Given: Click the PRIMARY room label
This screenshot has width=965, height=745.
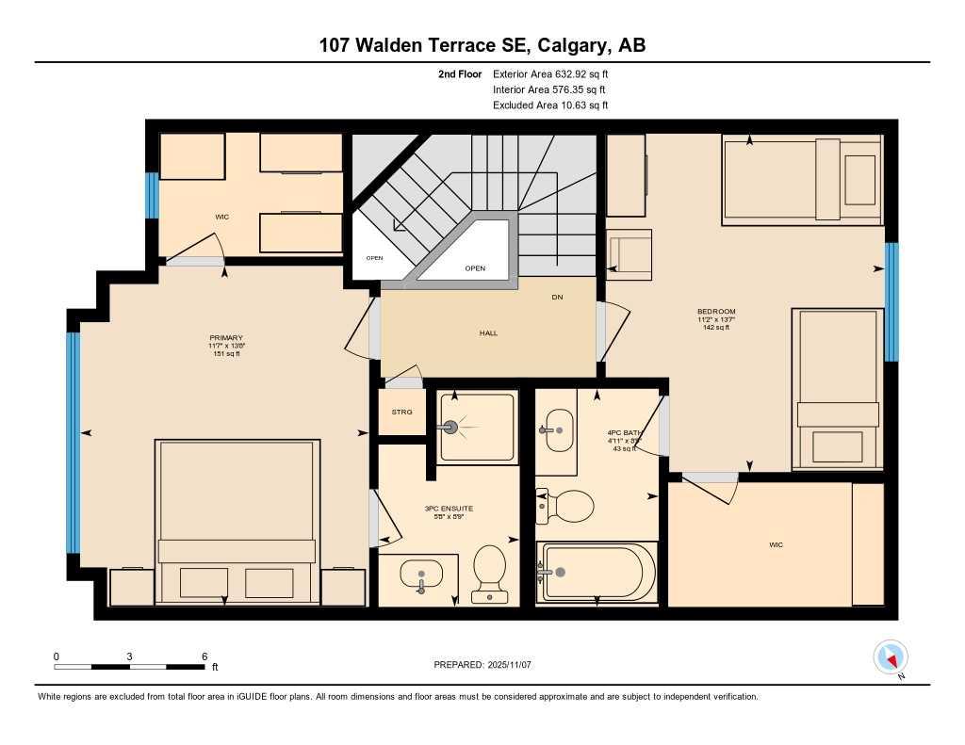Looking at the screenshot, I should point(226,338).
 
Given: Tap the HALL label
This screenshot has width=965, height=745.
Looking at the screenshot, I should point(487,333).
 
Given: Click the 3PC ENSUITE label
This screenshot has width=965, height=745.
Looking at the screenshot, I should point(448,510).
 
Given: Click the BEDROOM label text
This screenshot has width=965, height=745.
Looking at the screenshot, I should point(716,312).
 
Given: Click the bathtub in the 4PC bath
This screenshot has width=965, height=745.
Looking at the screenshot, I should point(596,572).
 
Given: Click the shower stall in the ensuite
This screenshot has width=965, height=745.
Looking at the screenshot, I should point(477,427).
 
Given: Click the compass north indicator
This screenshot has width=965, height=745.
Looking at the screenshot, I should point(891,656).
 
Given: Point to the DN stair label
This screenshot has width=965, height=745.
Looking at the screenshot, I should point(557,298).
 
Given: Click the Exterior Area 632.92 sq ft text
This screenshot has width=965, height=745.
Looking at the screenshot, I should point(557,73).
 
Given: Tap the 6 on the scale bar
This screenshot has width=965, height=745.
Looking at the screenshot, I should point(204,656).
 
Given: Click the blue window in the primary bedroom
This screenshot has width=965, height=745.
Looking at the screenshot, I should point(73,442).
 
